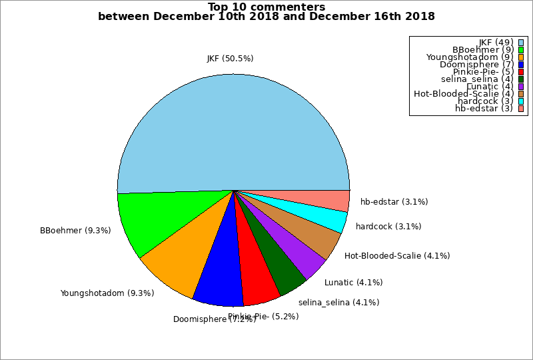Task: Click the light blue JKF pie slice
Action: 233,127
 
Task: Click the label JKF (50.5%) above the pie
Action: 230,59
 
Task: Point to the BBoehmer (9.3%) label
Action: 75,231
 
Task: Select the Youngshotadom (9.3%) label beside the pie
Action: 107,293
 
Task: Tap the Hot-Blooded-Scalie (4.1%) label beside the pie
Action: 397,255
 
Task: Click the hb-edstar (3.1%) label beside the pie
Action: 394,201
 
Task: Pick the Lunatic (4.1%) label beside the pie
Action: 353,282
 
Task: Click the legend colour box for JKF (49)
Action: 521,43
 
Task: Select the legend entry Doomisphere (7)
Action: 476,65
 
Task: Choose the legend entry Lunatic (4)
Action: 489,87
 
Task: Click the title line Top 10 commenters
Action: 266,7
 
